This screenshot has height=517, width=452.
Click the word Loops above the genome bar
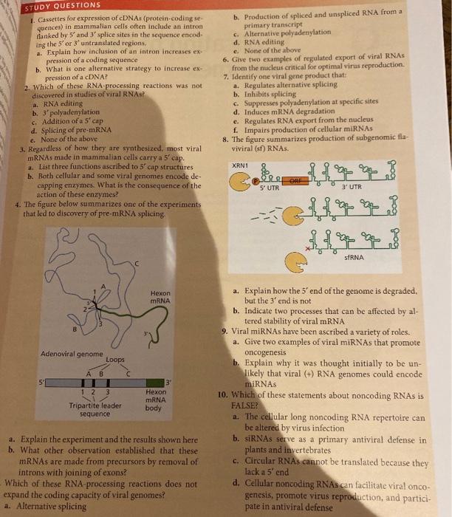pyautogui.click(x=115, y=360)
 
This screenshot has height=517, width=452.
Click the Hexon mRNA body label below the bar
pyautogui.click(x=156, y=400)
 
